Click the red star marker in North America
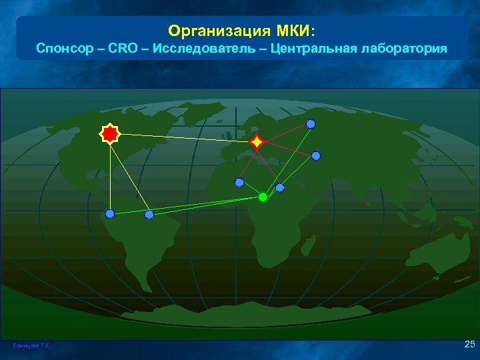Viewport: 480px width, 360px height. (x=109, y=134)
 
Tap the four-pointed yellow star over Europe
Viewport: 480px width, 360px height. (x=257, y=142)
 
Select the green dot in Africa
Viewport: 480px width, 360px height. (x=263, y=197)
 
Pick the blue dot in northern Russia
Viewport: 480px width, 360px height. (x=311, y=123)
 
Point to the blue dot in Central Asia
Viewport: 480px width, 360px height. (x=316, y=155)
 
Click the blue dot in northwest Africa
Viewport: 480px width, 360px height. (x=239, y=182)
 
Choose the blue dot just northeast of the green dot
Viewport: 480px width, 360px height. (x=280, y=187)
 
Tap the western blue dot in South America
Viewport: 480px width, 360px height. (x=110, y=214)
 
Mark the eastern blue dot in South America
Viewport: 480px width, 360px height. (x=149, y=215)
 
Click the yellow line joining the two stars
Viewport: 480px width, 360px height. (x=183, y=138)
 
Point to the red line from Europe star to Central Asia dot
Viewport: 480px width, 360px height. (x=287, y=149)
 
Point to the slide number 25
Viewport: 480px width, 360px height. (x=469, y=344)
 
